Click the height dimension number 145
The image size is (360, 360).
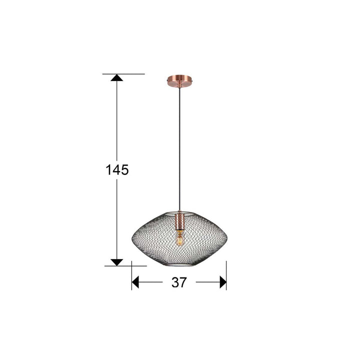tap(117, 170)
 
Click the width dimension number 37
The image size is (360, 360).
tap(179, 282)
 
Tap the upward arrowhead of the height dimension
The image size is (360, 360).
tap(116, 77)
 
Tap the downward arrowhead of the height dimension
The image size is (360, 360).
tap(116, 262)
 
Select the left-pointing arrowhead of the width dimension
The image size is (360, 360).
tap(135, 282)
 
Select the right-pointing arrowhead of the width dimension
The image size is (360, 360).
tap(223, 282)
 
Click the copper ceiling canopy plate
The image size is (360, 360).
tap(179, 81)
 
